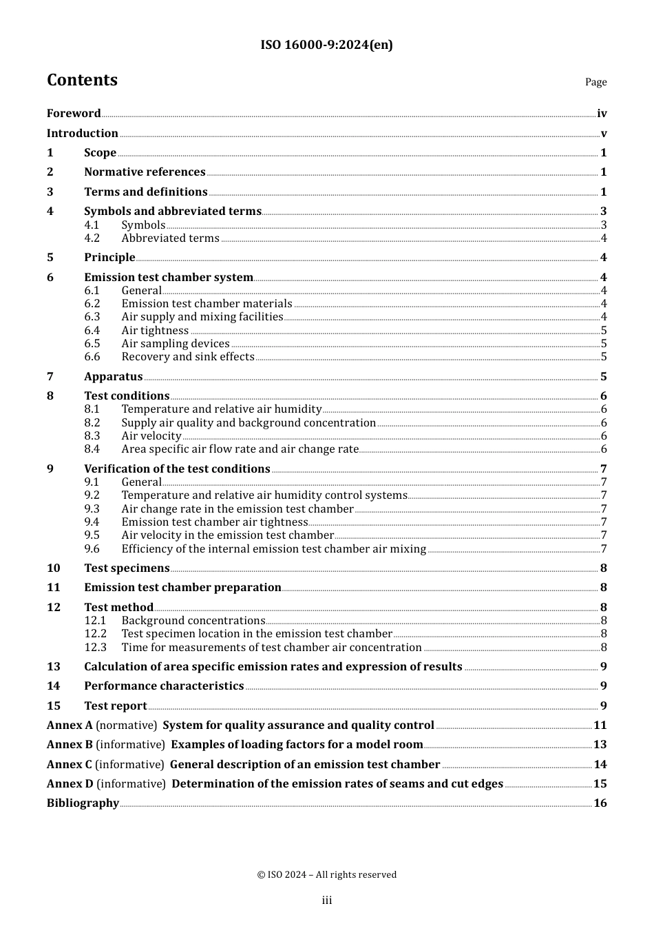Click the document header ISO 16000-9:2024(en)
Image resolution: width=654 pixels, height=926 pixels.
coord(326,45)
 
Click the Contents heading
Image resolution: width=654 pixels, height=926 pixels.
coord(82,80)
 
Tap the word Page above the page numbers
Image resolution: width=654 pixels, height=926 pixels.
coord(595,82)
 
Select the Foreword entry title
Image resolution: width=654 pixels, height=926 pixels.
coord(74,114)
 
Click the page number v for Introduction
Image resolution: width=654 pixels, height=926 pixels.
coord(603,134)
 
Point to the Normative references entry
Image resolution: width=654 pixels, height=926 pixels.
coord(145,172)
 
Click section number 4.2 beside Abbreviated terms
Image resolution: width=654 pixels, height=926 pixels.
coord(92,238)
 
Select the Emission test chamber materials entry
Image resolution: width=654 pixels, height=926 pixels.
coord(207,304)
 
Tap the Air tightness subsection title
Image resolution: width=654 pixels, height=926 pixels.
coord(155,331)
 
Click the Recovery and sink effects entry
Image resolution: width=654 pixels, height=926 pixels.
coord(188,357)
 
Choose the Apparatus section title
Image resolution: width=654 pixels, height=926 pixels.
coord(113,377)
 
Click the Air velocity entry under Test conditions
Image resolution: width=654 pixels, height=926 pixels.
coord(151,436)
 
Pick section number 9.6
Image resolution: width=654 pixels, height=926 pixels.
coord(92,549)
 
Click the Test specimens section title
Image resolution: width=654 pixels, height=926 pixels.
coord(127,568)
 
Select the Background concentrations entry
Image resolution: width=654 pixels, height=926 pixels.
coord(193,621)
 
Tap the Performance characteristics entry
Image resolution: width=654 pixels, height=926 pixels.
coord(164,686)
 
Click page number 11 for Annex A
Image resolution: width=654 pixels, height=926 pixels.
coord(600,726)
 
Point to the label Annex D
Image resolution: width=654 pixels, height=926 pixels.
coord(70,784)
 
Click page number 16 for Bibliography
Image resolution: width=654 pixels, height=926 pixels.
coord(600,803)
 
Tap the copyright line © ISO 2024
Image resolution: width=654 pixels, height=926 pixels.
coord(326,875)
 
